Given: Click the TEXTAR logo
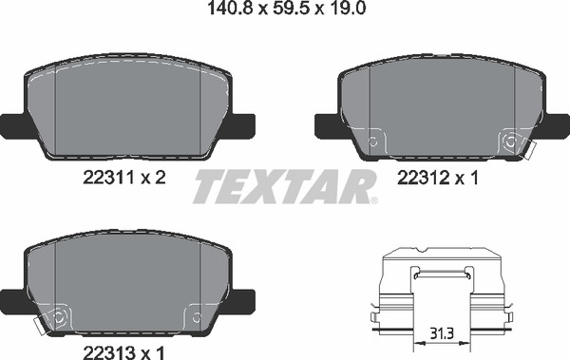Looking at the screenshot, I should pos(285,186).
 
